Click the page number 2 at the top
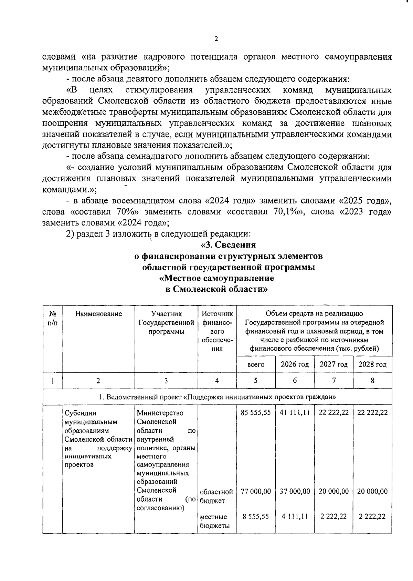click(216, 39)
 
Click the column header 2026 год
click(295, 364)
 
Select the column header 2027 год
click(333, 364)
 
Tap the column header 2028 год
click(372, 364)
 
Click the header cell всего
click(256, 364)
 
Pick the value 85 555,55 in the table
click(256, 413)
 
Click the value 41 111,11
click(295, 413)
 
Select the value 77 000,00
click(256, 491)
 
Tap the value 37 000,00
click(295, 491)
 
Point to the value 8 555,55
click(256, 517)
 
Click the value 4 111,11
click(295, 517)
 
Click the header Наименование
click(98, 314)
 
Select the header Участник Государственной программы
click(166, 323)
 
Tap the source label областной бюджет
click(216, 496)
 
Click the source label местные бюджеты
click(213, 521)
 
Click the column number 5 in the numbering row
click(256, 381)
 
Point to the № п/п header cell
click(53, 318)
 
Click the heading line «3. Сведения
click(229, 245)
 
